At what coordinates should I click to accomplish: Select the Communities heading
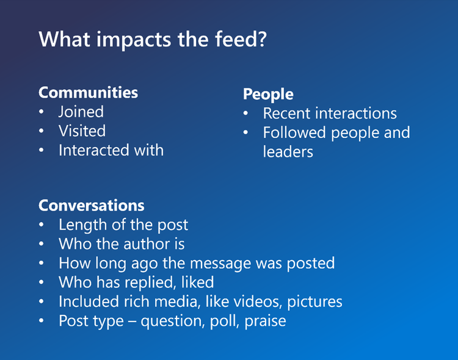88,93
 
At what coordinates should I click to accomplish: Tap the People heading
268,95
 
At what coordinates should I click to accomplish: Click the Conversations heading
92,205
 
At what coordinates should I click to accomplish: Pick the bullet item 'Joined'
81,112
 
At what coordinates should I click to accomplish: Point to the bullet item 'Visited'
82,131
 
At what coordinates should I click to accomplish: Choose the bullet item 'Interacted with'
111,150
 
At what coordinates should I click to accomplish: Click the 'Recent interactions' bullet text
330,113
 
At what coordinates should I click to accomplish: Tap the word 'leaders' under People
288,152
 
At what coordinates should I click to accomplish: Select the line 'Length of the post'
123,225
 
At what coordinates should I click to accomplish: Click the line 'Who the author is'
122,244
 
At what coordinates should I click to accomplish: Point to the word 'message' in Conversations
236,264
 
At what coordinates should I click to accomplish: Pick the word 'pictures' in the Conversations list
315,302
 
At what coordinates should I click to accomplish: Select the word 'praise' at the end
265,322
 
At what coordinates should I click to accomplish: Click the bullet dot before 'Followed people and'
245,133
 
